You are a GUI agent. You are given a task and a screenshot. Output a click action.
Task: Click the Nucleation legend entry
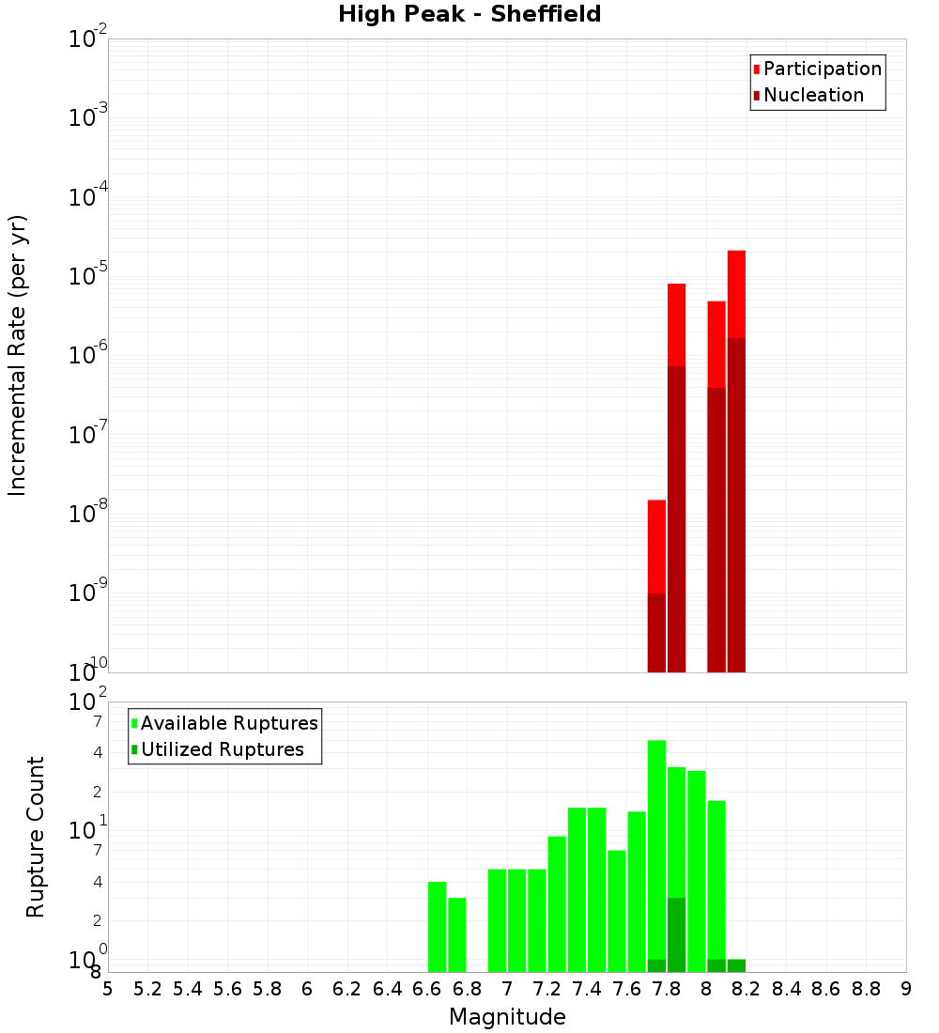coord(813,95)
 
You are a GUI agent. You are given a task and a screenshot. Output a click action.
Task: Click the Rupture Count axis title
coord(36,836)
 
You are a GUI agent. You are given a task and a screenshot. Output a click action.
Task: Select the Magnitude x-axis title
coord(507,1017)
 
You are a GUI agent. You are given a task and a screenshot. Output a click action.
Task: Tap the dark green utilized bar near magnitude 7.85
coord(676,934)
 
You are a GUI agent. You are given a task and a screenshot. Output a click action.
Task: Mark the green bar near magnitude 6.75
coord(457,934)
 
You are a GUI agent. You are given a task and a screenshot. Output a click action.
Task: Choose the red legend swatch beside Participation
coord(757,69)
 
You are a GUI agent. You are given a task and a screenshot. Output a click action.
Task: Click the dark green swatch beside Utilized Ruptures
coord(134,749)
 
